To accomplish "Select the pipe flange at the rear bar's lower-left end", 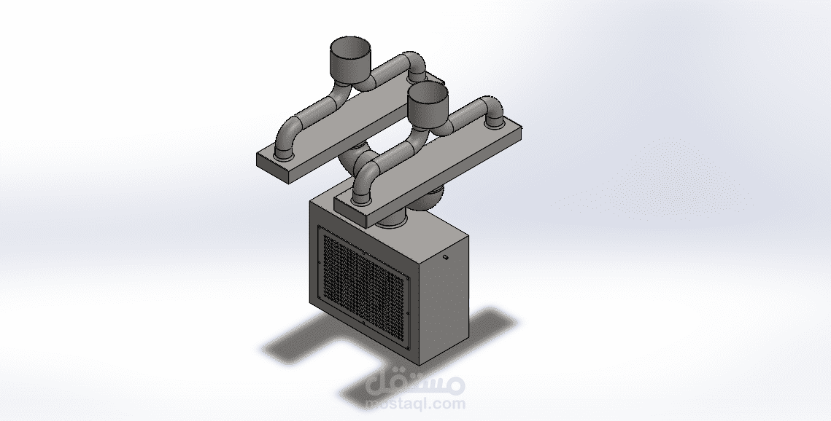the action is tap(285, 154).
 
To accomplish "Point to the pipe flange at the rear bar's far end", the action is tap(417, 77).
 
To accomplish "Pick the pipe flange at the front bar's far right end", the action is tap(495, 124).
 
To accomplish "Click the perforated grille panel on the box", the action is tap(363, 275).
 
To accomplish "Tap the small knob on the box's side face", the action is tap(446, 258).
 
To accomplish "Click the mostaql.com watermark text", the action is tap(416, 404).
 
